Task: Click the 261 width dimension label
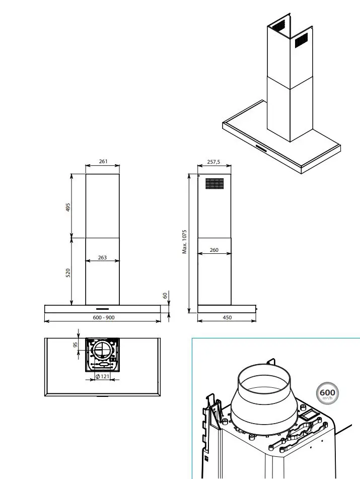103,162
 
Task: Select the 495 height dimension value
68,207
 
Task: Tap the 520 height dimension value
68,272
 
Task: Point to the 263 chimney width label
102,257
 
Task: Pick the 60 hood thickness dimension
165,296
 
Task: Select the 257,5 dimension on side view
214,162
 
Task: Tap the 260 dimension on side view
214,250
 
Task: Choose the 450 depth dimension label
227,317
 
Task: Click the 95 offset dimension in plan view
75,346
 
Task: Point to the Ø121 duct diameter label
103,377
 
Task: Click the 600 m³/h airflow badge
327,393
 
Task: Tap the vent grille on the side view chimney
214,183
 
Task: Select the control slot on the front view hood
103,307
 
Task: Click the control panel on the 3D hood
262,148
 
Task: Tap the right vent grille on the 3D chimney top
301,41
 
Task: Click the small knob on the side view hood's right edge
257,307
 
